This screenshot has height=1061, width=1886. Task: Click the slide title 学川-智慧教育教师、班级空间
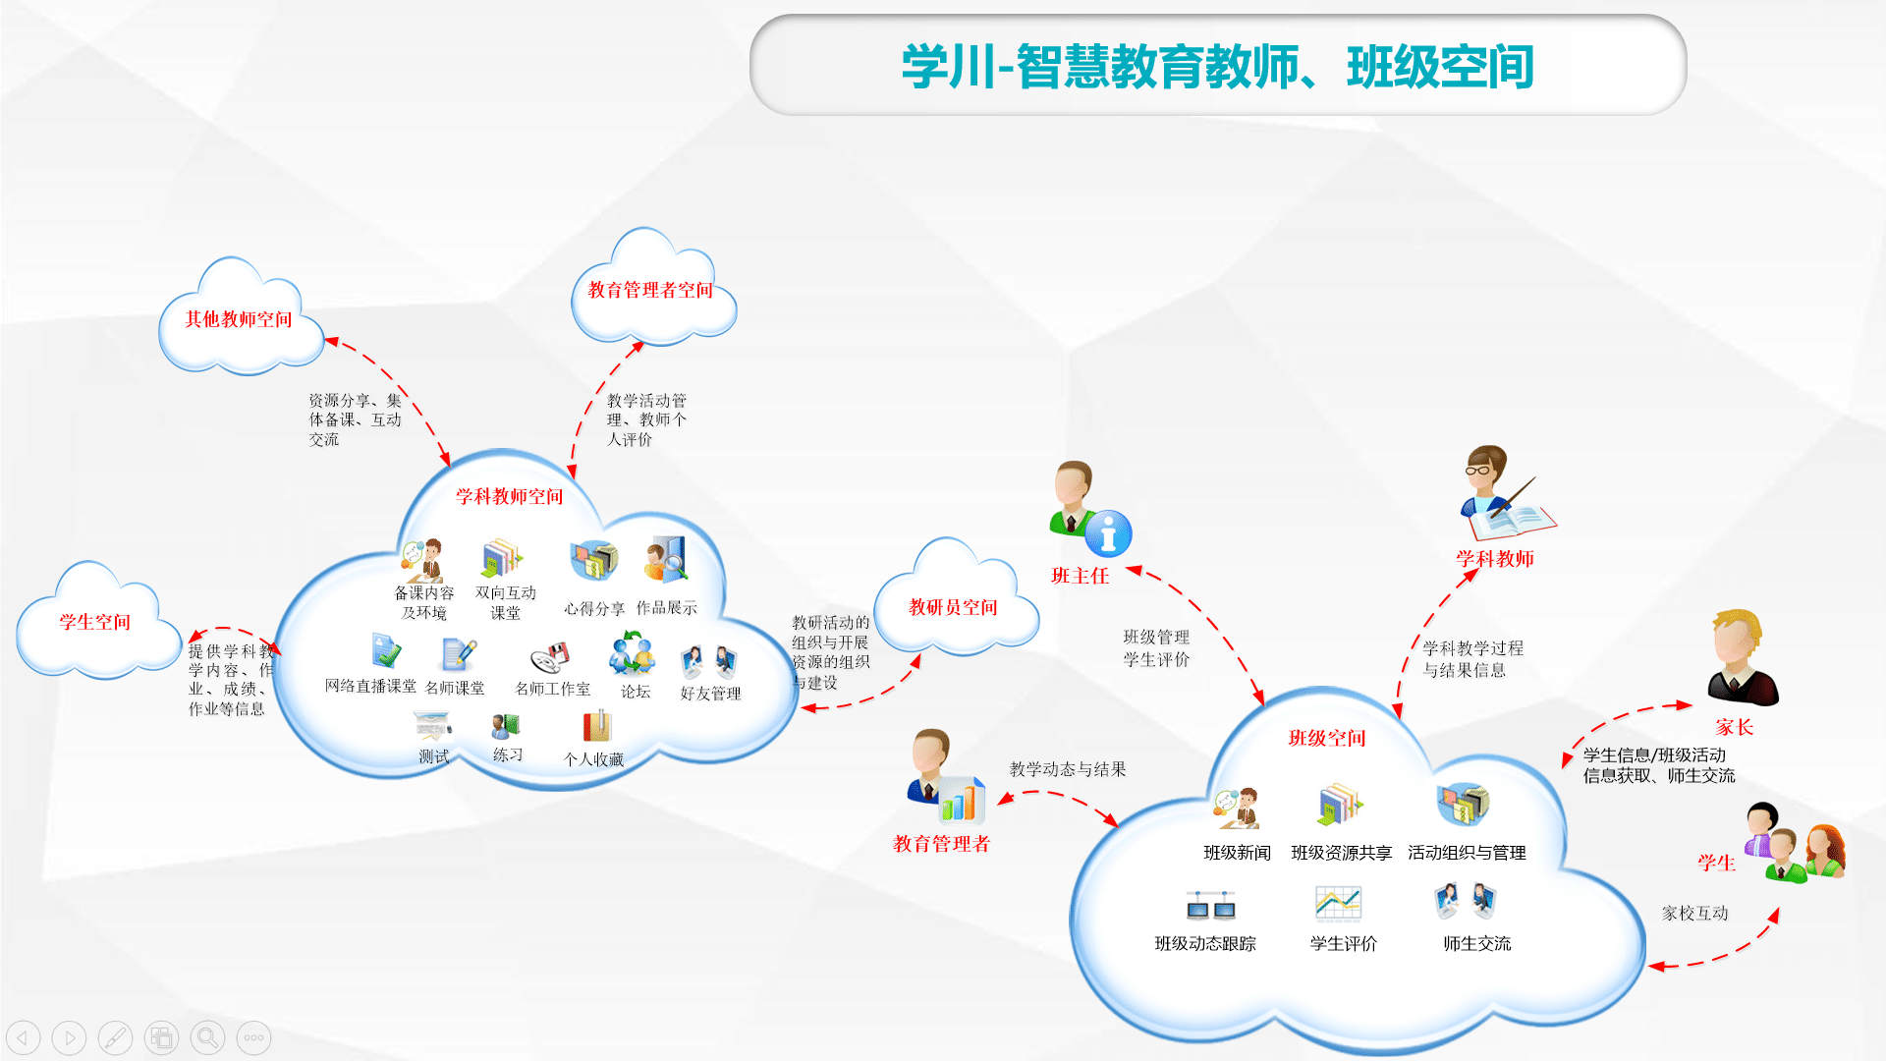point(1217,67)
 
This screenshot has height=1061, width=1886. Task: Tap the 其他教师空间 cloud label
point(239,319)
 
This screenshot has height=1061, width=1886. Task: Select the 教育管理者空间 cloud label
point(650,290)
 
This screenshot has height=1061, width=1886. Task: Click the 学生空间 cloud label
point(94,622)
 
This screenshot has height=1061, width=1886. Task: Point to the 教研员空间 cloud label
point(953,607)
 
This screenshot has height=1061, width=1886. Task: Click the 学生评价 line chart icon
point(1338,903)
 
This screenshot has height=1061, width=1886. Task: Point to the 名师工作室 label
point(553,690)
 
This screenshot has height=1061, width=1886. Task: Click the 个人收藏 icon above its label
point(596,726)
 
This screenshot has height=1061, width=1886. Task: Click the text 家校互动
point(1694,913)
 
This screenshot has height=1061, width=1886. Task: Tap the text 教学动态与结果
point(1068,769)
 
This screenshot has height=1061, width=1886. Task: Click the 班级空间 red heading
point(1327,738)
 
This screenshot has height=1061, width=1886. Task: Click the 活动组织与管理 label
point(1467,853)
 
